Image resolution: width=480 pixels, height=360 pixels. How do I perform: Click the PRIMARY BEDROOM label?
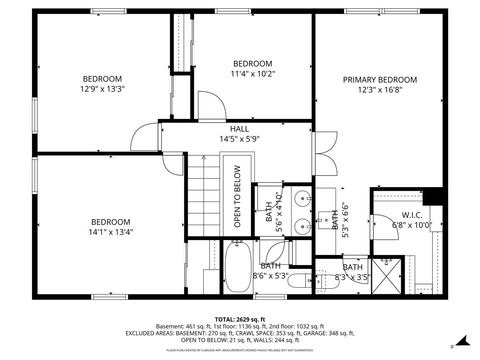coord(380,79)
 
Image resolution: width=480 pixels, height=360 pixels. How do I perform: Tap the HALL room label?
coord(240,129)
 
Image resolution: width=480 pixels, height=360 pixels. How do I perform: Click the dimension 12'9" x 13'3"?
coord(102,90)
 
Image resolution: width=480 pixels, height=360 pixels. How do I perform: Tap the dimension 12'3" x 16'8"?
coord(380,90)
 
